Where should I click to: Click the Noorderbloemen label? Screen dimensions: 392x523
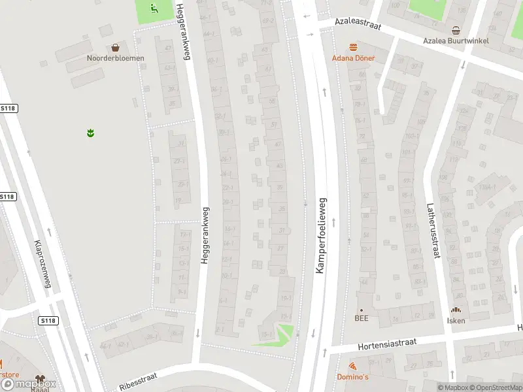(116, 57)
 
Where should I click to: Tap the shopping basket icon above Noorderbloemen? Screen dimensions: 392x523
(116, 47)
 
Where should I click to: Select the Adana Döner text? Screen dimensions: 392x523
(353, 57)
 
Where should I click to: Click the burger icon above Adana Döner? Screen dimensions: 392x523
(353, 47)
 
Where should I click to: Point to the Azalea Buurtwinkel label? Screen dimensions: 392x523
(456, 40)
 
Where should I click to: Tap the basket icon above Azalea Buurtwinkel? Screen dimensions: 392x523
(456, 29)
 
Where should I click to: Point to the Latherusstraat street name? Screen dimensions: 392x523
(433, 229)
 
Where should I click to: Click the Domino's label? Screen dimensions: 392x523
(352, 377)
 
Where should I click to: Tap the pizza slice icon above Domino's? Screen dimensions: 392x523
(352, 367)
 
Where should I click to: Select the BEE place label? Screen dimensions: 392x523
(362, 318)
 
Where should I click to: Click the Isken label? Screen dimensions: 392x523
(456, 319)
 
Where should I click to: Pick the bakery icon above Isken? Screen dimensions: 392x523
(456, 310)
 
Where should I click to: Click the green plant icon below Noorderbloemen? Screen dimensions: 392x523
(90, 133)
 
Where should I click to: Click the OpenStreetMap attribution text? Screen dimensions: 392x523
(494, 387)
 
